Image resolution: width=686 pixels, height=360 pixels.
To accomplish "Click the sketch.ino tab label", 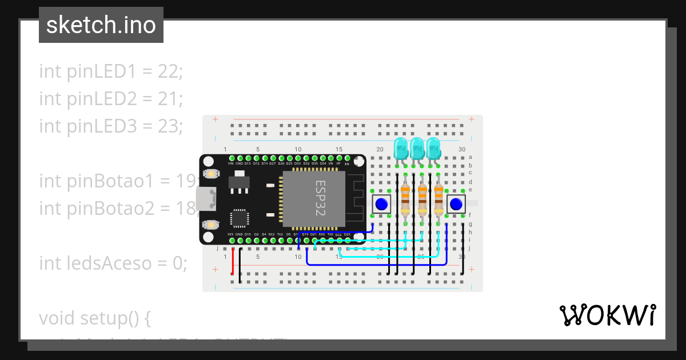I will coord(101,25).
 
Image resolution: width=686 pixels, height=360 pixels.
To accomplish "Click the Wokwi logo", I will coord(607,315).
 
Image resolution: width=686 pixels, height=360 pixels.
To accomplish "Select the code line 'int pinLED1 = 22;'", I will coord(111,71).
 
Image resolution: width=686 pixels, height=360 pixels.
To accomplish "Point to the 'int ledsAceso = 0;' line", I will coord(113,263).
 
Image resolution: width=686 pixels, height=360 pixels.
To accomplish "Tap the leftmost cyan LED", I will coord(401,149).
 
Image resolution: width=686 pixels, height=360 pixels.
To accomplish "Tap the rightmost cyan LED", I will coord(433,149).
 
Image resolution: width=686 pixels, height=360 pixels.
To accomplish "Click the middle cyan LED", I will coord(417,149).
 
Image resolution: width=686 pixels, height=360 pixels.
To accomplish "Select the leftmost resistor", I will coord(405,199).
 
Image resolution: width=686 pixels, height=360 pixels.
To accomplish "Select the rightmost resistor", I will coord(438,199).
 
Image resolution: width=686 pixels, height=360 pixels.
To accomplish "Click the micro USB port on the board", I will coord(206,199).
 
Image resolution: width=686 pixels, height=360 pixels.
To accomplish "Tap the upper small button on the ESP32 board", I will coord(211,174).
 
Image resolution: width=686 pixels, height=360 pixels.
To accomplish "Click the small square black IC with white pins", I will coord(240,219).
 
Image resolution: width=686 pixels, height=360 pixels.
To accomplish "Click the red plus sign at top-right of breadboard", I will coord(471,119).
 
